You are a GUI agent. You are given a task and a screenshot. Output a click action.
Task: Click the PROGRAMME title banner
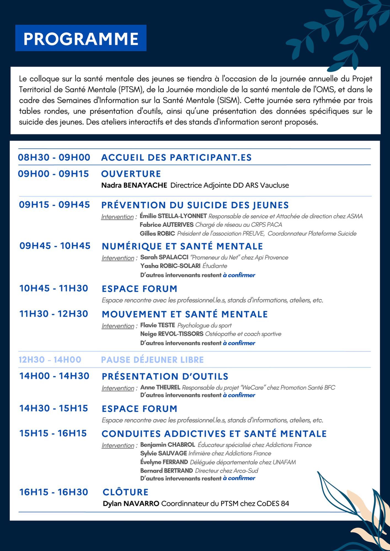point(81,38)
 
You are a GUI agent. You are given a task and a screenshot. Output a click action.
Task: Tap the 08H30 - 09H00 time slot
point(54,157)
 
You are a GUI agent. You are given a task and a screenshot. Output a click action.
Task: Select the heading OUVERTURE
point(131,174)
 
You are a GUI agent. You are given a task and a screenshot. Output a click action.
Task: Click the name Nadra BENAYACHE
point(134,185)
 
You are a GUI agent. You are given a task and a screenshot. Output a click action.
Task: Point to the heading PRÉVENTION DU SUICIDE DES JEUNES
point(195,205)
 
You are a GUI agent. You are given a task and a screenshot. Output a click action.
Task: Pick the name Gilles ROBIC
point(157,234)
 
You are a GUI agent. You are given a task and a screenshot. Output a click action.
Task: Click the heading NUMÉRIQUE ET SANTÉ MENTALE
point(182,246)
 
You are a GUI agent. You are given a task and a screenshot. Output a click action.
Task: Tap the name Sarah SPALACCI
point(164,257)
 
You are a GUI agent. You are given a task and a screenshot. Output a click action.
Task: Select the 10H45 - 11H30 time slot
point(54,288)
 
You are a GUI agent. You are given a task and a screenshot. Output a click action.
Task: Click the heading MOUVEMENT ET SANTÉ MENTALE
point(185,314)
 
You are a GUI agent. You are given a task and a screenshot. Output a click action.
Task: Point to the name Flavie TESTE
point(157,325)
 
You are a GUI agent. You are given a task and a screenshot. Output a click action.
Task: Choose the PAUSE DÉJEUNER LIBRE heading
point(152,360)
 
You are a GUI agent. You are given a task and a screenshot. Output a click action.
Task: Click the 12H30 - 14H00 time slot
point(50,360)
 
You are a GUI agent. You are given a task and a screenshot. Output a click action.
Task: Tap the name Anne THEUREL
point(160,387)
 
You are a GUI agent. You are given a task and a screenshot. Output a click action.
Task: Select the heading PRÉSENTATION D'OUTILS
point(165,376)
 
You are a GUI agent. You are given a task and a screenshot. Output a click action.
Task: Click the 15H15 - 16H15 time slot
point(53,433)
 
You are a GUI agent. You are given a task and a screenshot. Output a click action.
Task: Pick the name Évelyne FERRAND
point(164,462)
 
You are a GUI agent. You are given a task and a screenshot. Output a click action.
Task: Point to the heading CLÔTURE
point(125,492)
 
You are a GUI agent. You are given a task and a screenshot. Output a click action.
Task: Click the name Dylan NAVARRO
point(131,504)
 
